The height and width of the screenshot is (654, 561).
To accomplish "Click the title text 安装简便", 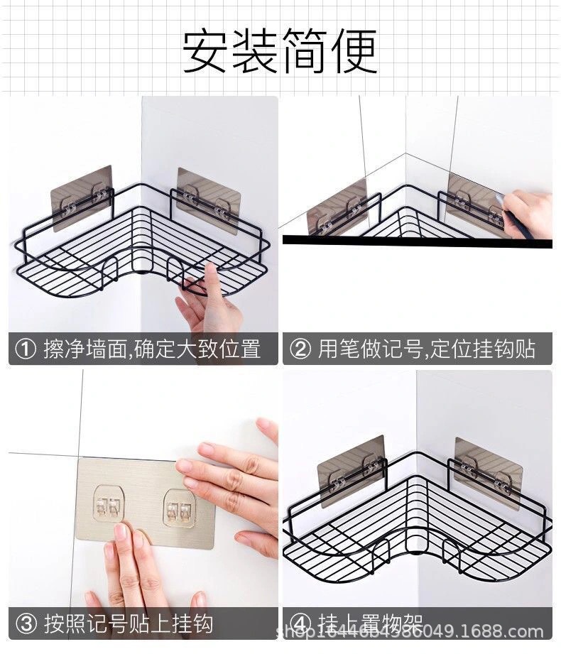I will [x=280, y=50].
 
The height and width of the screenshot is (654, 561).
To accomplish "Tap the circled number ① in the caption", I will [x=26, y=349].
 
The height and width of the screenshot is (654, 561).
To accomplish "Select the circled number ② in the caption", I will [x=301, y=349].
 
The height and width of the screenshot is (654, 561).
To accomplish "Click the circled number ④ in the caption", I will [x=301, y=623].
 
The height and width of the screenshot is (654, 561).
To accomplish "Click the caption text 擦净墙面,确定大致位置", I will [x=152, y=349].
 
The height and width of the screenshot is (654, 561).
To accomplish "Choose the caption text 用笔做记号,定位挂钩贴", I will [x=426, y=349].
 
